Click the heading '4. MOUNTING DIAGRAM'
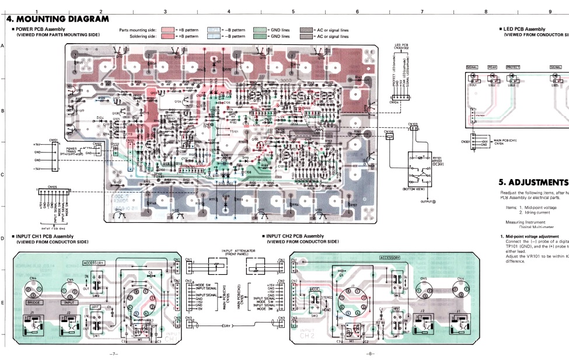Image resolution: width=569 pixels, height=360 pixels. pyautogui.click(x=58, y=20)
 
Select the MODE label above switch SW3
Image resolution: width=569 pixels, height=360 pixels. pyautogui.click(x=315, y=289)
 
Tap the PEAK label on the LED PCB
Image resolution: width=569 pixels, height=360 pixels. pyautogui.click(x=492, y=67)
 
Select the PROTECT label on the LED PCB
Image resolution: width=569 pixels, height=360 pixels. pyautogui.click(x=512, y=67)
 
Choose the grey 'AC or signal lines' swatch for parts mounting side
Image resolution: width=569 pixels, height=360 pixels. pyautogui.click(x=306, y=29)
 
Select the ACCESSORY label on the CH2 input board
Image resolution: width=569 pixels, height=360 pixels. pyautogui.click(x=390, y=258)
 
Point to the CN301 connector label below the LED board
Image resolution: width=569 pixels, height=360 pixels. pyautogui.click(x=466, y=141)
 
